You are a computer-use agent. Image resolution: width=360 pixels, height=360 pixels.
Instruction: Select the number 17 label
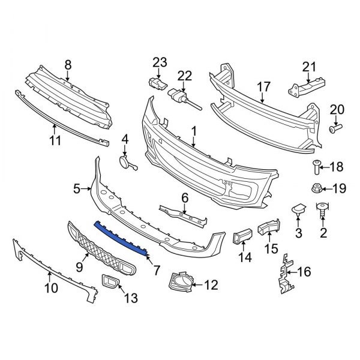264,88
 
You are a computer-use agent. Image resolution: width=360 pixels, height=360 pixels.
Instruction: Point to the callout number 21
308,66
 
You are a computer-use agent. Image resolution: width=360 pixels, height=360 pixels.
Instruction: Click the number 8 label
68,64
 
